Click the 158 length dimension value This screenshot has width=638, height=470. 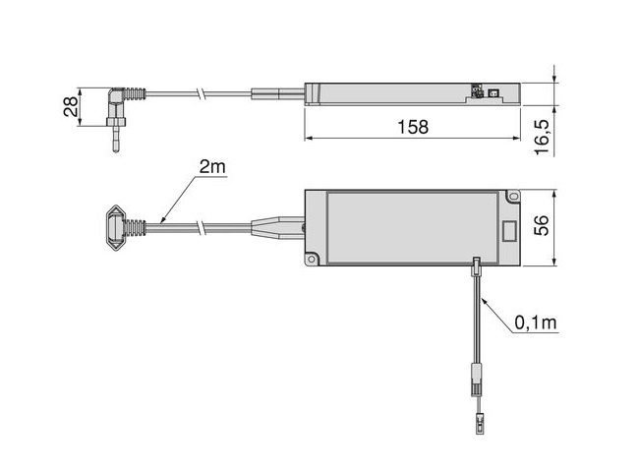point(413,127)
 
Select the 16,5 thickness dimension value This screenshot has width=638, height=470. point(543,137)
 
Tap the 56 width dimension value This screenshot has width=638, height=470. point(542,225)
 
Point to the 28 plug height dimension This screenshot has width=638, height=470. point(71,106)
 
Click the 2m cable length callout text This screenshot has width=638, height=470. point(212,166)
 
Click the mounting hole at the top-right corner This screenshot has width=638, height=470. point(514,196)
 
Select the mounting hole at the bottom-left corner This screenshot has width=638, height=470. point(312,259)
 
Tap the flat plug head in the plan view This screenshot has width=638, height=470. point(116,227)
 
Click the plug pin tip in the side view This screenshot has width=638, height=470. point(116,149)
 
